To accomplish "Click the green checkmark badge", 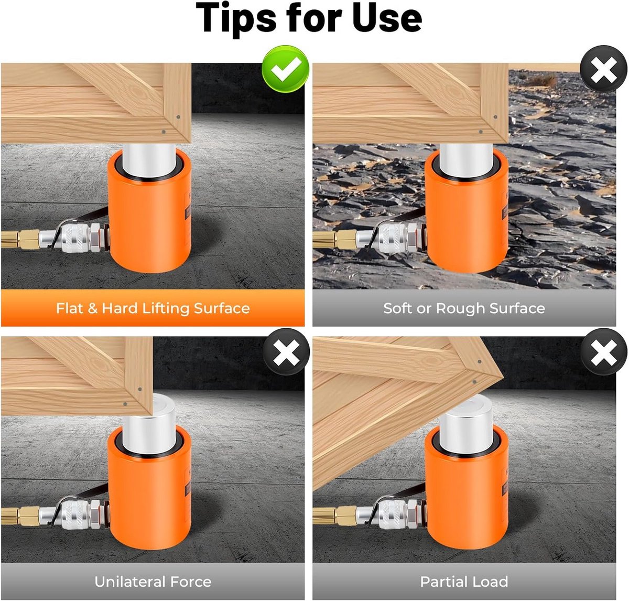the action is [286, 69].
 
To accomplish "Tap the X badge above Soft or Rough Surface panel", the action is [603, 69].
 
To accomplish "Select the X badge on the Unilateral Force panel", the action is [286, 351].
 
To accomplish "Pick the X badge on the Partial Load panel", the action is [603, 351].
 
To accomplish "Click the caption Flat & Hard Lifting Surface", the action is [153, 308].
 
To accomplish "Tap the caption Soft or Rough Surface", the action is [464, 308].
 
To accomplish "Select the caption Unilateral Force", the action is [153, 582].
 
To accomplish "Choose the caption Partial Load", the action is [464, 582].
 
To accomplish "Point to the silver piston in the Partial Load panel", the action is [466, 424].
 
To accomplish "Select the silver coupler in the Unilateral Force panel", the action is [74, 515].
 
